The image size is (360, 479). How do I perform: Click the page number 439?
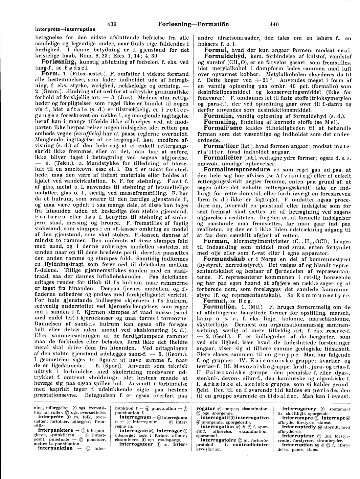[x=112, y=24]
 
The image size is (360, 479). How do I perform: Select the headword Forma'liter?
[x=221, y=146]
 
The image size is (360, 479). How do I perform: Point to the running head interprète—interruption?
[x=65, y=29]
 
